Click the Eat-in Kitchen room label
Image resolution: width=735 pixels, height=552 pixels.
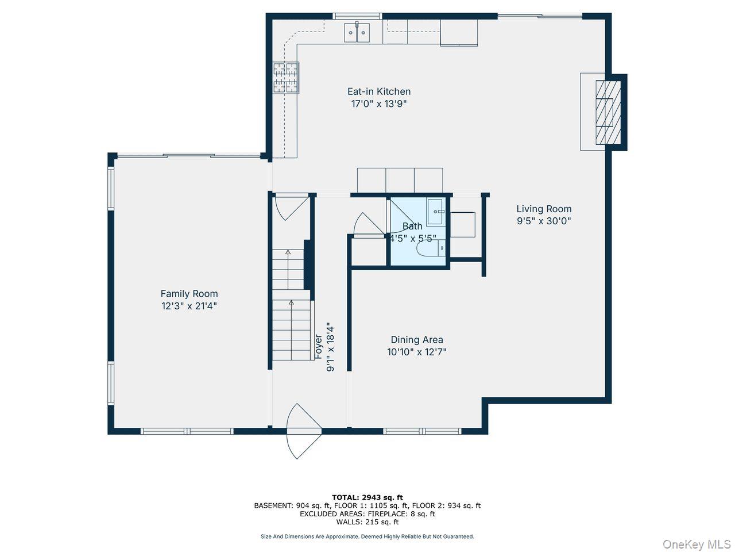378,91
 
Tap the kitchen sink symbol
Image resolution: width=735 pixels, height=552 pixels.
358,33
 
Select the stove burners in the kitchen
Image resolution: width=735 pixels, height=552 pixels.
285,77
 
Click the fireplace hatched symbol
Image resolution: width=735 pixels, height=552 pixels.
608,112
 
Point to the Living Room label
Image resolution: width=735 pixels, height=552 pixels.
543,209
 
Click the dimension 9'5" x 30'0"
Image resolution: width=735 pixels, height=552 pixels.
543,221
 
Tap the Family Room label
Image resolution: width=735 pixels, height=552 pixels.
189,294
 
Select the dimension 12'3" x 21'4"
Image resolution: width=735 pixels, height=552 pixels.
189,306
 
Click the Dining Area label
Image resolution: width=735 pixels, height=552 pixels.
416,340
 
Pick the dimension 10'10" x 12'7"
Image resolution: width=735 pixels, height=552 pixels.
416,352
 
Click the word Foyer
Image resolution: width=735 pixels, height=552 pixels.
318,347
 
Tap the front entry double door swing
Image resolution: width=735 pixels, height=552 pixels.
302,430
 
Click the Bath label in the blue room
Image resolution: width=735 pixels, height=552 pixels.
412,226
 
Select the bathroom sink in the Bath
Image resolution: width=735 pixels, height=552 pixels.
435,212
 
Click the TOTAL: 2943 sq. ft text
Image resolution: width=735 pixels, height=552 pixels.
367,497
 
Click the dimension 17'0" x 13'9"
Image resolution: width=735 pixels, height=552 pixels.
378,104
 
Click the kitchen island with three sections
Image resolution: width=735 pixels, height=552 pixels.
400,180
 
